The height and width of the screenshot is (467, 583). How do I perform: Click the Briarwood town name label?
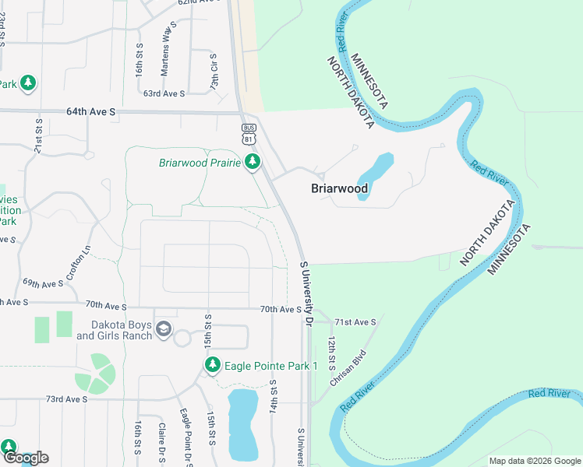click(339, 188)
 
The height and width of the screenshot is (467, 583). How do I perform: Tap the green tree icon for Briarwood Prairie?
click(252, 162)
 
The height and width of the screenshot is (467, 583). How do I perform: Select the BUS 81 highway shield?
click(249, 133)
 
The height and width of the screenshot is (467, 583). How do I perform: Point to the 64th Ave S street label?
click(90, 112)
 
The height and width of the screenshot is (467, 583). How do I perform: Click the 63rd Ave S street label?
click(164, 93)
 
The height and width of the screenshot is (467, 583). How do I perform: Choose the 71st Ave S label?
click(355, 321)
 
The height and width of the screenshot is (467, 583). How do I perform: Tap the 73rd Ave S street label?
click(66, 399)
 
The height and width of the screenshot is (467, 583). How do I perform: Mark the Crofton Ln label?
click(79, 263)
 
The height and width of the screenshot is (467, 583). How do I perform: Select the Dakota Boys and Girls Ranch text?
click(114, 330)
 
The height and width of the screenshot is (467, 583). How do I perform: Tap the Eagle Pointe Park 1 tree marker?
click(212, 365)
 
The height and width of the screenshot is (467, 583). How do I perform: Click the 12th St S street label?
click(331, 353)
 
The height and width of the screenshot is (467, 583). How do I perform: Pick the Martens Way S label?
click(165, 54)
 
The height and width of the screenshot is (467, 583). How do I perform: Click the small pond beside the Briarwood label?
click(375, 175)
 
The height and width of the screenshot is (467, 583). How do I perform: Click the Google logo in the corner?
click(25, 458)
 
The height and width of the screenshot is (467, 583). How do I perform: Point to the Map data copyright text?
click(535, 461)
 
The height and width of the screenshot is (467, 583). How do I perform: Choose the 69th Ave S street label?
click(42, 283)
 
